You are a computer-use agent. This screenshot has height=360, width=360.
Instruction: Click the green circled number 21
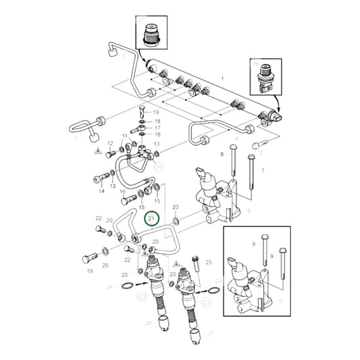coord(151,218)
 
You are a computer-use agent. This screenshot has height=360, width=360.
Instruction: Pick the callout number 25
coord(208,261)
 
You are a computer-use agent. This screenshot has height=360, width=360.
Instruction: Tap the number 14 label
coord(101,192)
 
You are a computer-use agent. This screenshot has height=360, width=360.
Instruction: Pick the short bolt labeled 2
coord(257,144)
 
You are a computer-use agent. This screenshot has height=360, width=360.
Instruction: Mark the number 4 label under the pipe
coord(236,138)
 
